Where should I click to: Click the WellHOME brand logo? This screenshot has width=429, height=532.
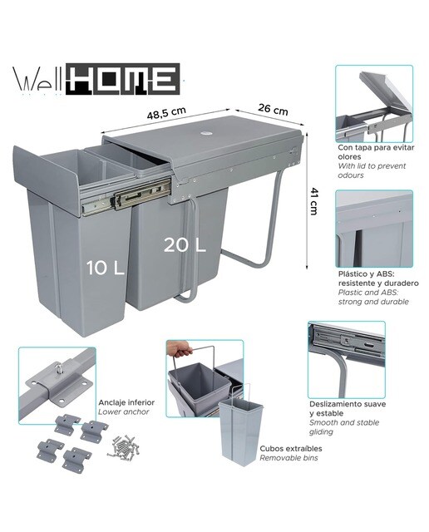(x=96, y=79)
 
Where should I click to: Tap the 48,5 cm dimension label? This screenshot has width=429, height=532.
(x=166, y=112)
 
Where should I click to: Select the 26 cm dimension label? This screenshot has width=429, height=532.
(x=273, y=109)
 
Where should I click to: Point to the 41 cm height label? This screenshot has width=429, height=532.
(x=313, y=201)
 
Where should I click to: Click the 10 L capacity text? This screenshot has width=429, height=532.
(x=106, y=268)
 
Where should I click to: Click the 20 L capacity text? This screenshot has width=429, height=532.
(x=185, y=244)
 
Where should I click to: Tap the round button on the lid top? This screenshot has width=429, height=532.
(x=206, y=133)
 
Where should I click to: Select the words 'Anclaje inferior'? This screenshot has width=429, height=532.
(x=126, y=402)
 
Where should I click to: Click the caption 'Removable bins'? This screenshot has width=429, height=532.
(x=288, y=458)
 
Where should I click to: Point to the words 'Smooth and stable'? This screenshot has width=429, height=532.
(x=344, y=422)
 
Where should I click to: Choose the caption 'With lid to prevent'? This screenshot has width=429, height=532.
(x=372, y=166)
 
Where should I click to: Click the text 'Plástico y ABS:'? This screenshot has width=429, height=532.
(x=366, y=273)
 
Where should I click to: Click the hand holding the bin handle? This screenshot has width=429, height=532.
(x=179, y=349)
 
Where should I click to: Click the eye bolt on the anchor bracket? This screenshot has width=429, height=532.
(x=57, y=368)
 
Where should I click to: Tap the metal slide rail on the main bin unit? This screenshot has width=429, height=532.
(x=126, y=198)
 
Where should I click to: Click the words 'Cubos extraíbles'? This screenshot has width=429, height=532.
(x=291, y=449)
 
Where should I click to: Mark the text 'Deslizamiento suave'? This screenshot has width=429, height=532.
(x=348, y=404)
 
